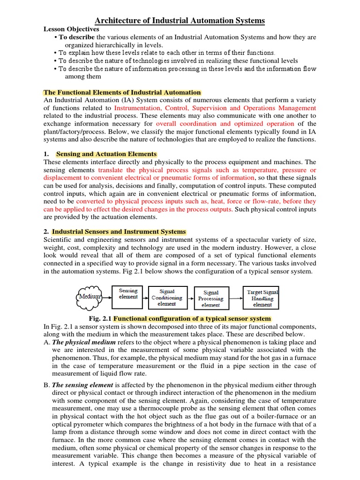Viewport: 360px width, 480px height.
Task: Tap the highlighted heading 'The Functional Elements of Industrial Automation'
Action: (122, 92)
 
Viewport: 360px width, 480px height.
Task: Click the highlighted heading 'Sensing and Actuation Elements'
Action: (106, 154)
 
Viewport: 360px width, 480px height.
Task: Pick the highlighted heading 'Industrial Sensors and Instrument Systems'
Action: (119, 232)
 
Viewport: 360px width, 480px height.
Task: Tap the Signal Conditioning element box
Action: (167, 297)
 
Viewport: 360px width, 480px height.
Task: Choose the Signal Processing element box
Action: (211, 299)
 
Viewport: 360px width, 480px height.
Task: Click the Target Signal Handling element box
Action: (262, 298)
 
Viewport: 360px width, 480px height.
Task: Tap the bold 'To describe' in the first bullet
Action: (76, 37)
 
